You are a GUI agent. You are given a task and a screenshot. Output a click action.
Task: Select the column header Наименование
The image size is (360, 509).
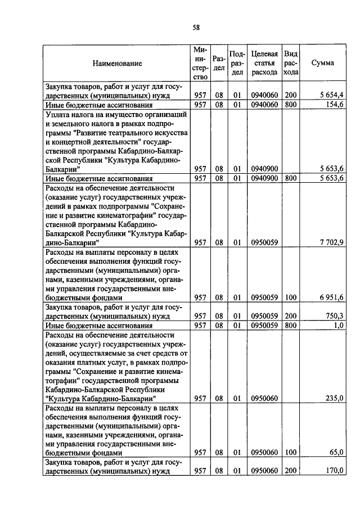tap(117, 63)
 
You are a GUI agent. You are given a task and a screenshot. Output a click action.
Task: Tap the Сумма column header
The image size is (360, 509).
tap(322, 63)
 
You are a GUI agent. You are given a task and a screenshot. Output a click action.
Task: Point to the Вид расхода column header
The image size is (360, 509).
tap(291, 63)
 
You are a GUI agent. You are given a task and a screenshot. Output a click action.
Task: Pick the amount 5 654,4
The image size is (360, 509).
tap(332, 95)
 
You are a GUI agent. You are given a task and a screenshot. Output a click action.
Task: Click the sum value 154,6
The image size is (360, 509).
tap(335, 105)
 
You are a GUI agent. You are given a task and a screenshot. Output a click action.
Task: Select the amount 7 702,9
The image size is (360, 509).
tap(332, 242)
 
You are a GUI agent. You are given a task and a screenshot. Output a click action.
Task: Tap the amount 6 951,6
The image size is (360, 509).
tap(332, 298)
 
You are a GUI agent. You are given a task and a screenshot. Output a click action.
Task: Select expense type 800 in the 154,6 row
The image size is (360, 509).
tap(290, 105)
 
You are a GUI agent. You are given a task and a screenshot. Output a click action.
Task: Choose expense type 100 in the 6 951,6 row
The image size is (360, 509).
tap(290, 298)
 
